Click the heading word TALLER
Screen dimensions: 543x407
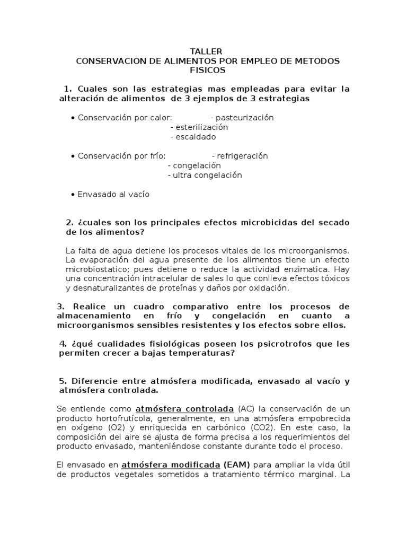[x=203, y=51]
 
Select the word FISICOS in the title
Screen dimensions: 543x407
[x=203, y=70]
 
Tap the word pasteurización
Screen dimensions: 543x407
[x=242, y=118]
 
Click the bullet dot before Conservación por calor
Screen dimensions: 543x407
[x=72, y=118]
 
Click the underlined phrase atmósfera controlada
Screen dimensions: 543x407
[x=184, y=409]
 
